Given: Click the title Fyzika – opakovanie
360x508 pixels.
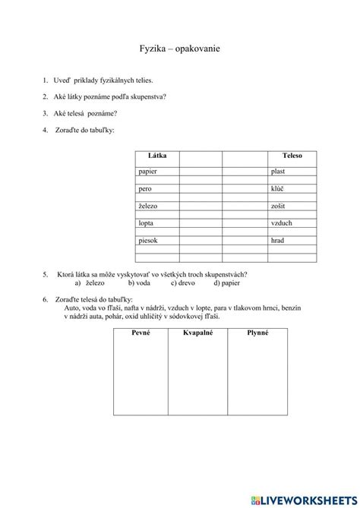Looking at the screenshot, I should click(x=180, y=48).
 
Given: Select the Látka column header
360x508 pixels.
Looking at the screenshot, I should click(x=148, y=155).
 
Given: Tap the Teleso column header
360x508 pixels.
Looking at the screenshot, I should click(x=292, y=155).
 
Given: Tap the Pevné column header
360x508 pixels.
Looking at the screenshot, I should click(x=142, y=333).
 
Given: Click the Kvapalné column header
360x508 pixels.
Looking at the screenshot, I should click(x=201, y=333).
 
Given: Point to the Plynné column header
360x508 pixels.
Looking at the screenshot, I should click(x=258, y=333).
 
